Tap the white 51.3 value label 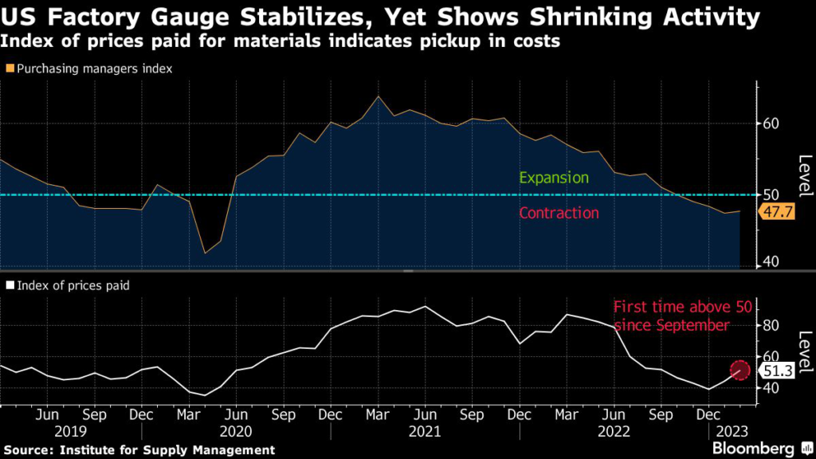click(x=776, y=370)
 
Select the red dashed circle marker click(x=740, y=370)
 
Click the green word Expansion click(x=553, y=178)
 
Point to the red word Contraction click(x=559, y=213)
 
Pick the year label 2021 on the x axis click(x=424, y=431)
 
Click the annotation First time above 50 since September click(x=670, y=316)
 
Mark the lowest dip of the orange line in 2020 click(x=205, y=253)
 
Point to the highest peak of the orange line click(x=378, y=96)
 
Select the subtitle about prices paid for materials click(x=279, y=41)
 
